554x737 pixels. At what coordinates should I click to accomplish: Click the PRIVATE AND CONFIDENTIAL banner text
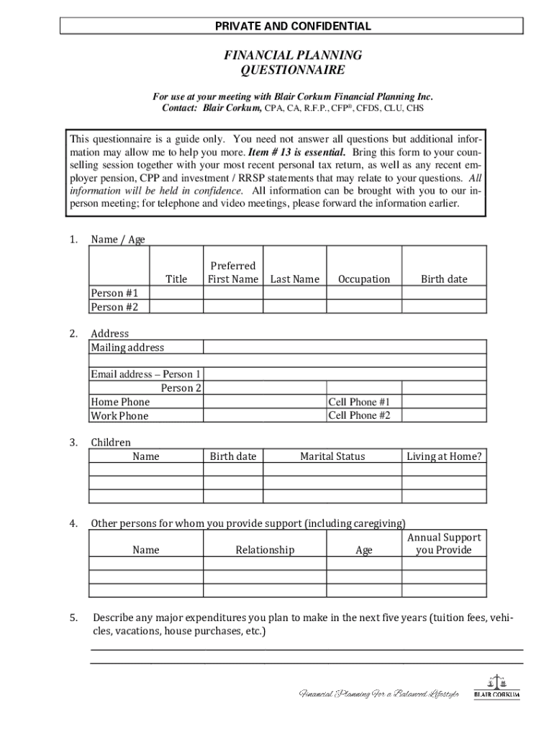292,27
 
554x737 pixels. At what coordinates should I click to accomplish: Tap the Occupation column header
364,279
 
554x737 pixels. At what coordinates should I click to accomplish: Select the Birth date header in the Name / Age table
444,279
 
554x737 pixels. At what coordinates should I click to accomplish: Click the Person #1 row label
114,293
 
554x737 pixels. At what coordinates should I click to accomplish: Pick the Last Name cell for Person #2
294,307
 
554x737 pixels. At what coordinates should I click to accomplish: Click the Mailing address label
127,348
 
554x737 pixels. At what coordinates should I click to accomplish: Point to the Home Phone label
120,402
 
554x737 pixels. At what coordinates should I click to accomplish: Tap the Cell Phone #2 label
359,416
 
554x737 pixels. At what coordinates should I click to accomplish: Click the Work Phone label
119,416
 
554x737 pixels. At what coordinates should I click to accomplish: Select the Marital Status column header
332,456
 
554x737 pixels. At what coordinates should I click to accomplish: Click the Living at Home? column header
444,456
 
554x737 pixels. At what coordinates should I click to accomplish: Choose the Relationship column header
265,550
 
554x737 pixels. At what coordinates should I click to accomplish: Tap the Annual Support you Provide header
444,544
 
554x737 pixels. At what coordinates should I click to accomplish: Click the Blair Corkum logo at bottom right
496,687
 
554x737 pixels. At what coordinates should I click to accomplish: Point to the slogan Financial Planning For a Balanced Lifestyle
378,694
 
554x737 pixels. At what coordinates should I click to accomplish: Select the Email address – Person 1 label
145,374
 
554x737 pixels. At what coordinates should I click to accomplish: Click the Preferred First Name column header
232,273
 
